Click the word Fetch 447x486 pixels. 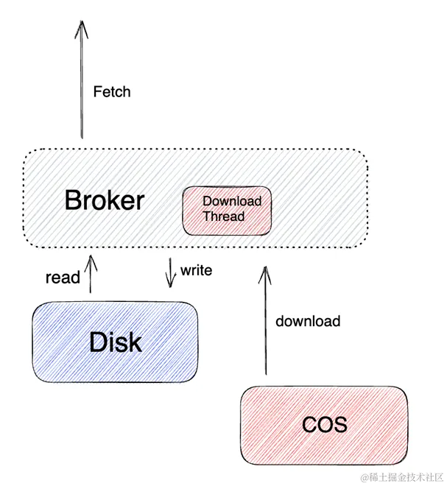click(112, 92)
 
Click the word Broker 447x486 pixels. click(104, 200)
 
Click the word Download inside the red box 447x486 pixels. click(231, 201)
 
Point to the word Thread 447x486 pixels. click(223, 216)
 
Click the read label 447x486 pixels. click(62, 278)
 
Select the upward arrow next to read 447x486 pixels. click(91, 274)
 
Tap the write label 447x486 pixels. click(196, 271)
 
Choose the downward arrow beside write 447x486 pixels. click(171, 271)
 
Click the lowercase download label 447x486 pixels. click(307, 321)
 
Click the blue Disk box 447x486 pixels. click(114, 342)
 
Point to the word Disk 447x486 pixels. click(115, 342)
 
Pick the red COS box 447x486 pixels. click(323, 425)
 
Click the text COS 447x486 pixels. click(324, 426)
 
